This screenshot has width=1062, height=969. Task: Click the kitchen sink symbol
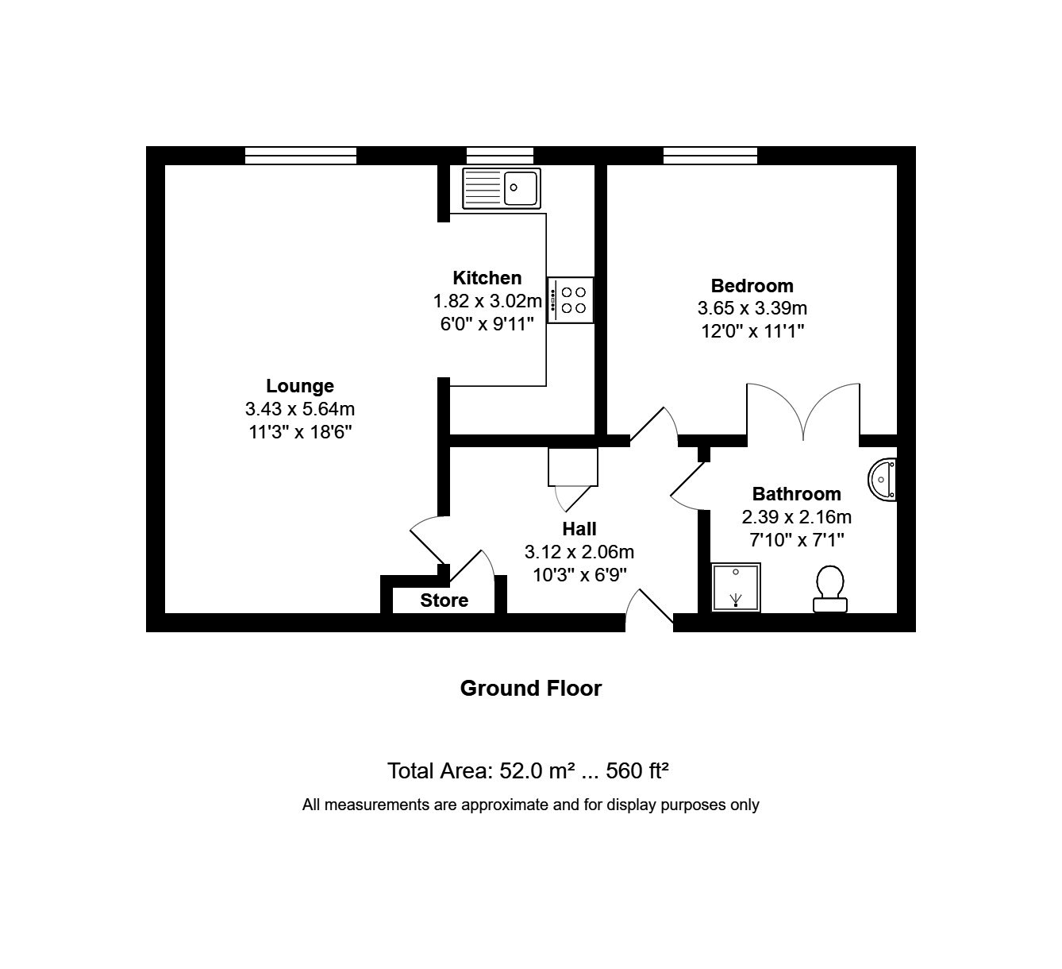tap(501, 188)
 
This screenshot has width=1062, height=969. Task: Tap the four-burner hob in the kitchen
tap(571, 299)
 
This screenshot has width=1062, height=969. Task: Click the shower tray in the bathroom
tap(736, 588)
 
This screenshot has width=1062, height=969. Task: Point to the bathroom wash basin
tap(883, 480)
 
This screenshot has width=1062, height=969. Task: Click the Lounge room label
tap(299, 386)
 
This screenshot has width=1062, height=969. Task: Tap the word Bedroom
tap(752, 286)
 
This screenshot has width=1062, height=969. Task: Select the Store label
tap(444, 600)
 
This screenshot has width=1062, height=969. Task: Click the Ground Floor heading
tap(530, 688)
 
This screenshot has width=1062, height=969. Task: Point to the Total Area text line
tap(528, 770)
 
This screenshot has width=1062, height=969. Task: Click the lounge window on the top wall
tap(300, 156)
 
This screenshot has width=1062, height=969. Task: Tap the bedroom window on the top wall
tap(710, 156)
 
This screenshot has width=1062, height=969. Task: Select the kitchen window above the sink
tap(499, 156)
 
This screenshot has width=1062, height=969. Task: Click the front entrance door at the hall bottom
tap(649, 611)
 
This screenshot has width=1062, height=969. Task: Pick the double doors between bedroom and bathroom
tap(803, 411)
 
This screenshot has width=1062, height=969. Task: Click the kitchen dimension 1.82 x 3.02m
tap(487, 301)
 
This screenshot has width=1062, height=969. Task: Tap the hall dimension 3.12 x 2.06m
tap(579, 552)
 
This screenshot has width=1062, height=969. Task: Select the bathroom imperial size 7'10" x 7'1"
tap(796, 540)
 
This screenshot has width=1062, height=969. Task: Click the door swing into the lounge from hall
tap(427, 539)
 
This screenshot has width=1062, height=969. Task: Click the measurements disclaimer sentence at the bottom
tap(530, 805)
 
